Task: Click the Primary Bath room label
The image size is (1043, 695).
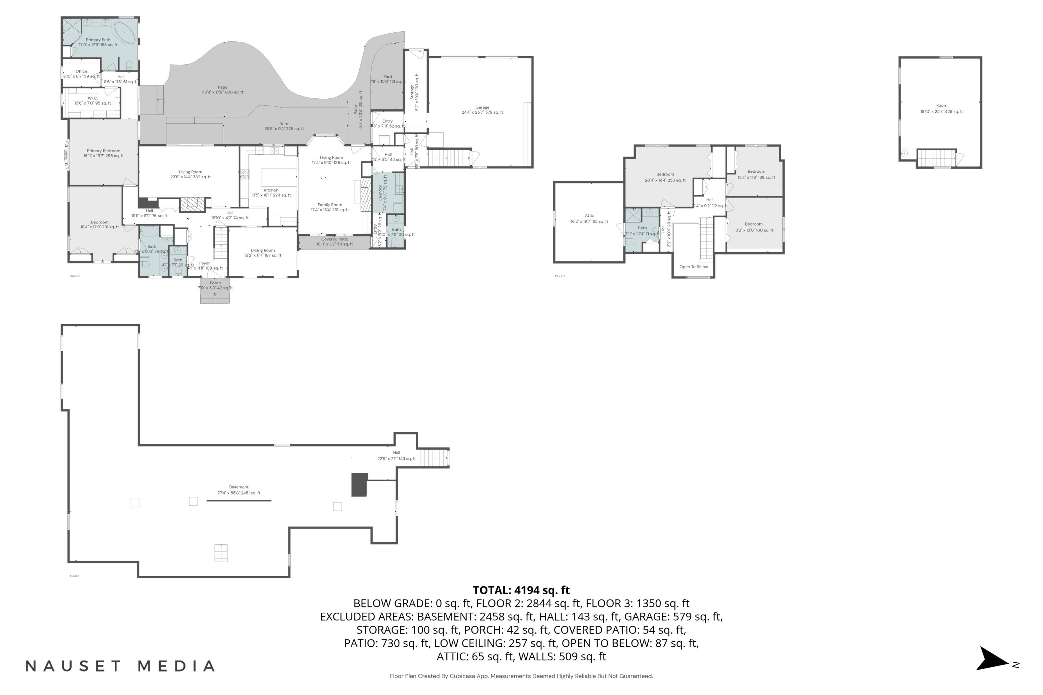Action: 98,40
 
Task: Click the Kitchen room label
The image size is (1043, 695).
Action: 271,190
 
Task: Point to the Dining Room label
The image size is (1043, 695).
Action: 262,251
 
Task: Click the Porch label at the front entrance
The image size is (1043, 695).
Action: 215,283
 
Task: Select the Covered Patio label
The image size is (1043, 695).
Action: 334,239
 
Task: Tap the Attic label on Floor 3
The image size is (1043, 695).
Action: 589,216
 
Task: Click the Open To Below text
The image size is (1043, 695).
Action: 694,267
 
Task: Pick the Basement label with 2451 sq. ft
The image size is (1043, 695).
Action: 238,487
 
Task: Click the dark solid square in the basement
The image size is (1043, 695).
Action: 359,484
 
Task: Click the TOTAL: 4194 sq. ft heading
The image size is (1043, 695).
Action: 521,590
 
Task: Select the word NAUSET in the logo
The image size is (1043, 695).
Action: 73,666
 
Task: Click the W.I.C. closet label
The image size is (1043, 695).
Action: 93,98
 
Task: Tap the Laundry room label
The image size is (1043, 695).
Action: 380,193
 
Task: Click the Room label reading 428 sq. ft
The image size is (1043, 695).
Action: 941,106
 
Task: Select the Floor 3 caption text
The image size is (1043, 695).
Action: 560,276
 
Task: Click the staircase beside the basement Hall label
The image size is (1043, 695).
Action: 434,457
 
